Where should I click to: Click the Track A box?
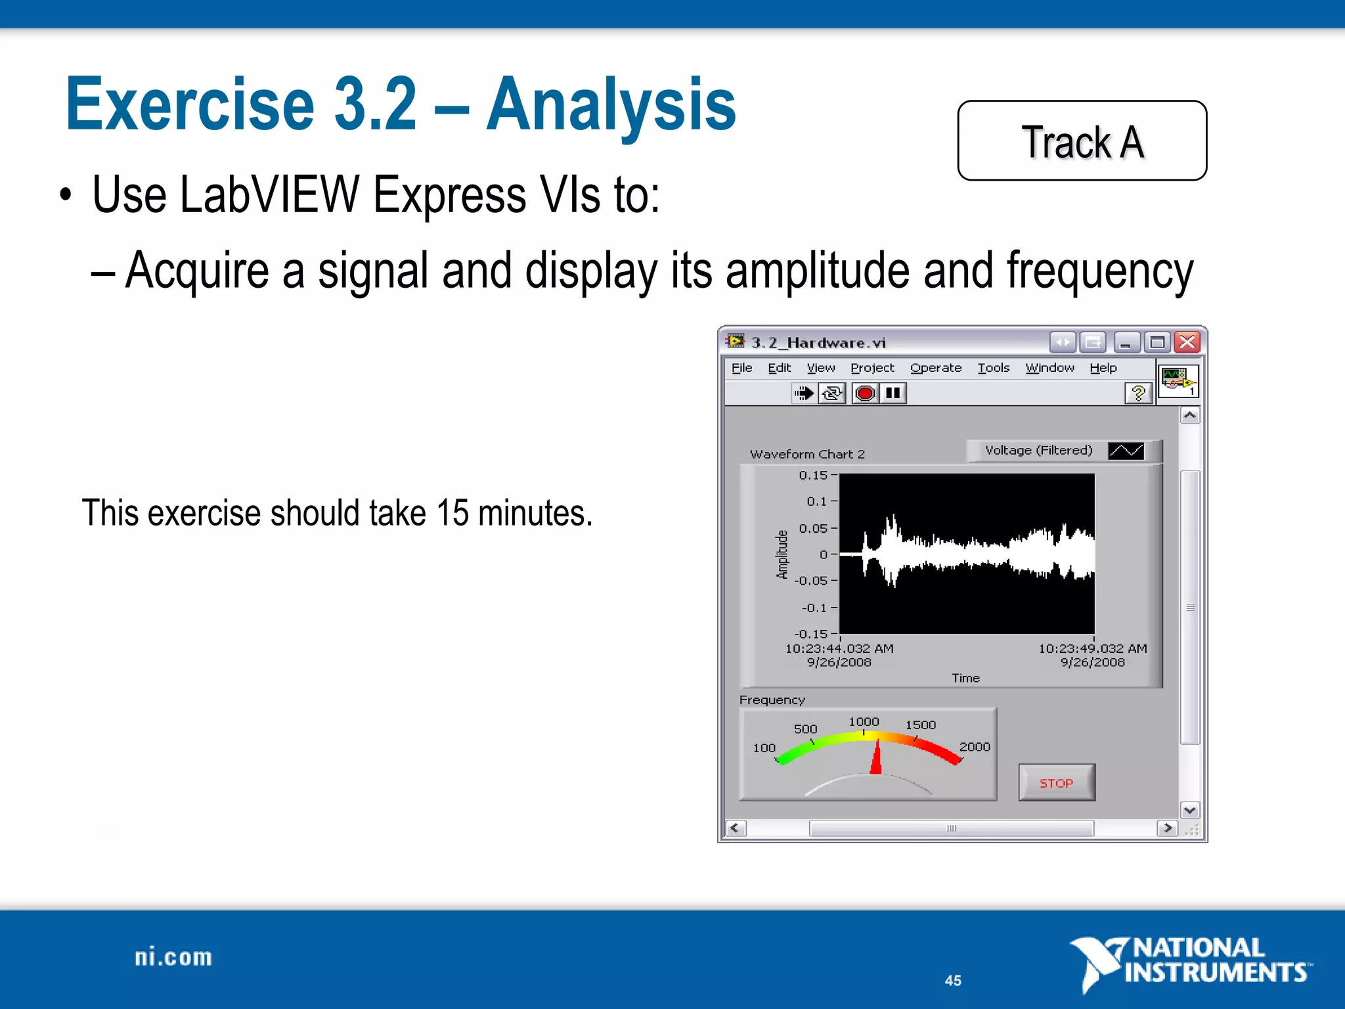(x=1082, y=141)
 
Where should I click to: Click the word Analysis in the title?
(x=611, y=105)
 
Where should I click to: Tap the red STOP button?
(x=1056, y=782)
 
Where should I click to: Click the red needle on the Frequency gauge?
(x=876, y=758)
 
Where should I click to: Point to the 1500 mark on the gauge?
(x=920, y=725)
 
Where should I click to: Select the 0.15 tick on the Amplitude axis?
(x=814, y=475)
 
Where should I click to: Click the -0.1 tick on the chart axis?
(x=815, y=608)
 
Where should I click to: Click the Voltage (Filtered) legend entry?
(x=1038, y=451)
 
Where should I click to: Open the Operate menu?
(x=935, y=368)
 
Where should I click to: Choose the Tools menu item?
(x=993, y=368)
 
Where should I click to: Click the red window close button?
(x=1187, y=342)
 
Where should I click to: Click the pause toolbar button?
(x=893, y=393)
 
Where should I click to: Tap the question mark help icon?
(x=1138, y=393)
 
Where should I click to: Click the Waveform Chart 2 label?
(x=807, y=454)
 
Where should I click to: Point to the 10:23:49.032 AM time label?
(x=1092, y=648)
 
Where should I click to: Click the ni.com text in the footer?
(x=173, y=957)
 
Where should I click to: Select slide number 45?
(x=953, y=980)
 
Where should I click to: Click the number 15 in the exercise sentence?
(x=452, y=513)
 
